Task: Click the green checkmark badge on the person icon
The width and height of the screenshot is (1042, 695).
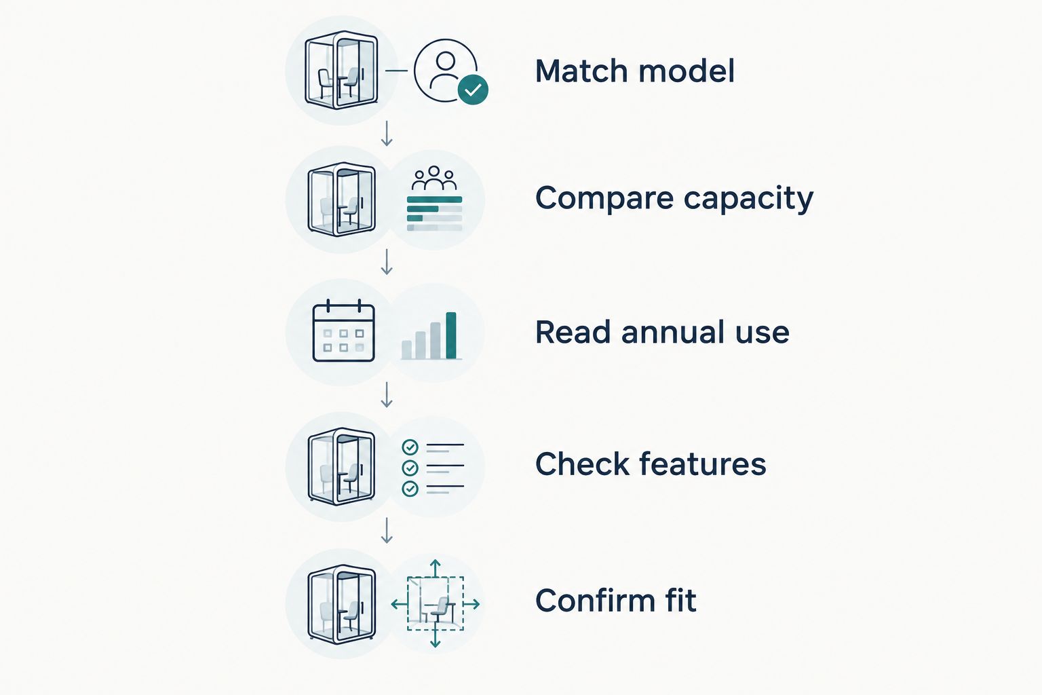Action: (x=473, y=90)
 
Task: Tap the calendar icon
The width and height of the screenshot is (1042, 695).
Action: (x=344, y=331)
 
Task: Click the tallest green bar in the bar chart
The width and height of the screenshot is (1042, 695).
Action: (x=450, y=336)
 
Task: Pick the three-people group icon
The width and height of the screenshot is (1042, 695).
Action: (x=434, y=179)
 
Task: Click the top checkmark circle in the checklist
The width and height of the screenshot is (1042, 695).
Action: (x=410, y=447)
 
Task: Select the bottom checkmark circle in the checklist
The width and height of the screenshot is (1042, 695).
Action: (x=410, y=488)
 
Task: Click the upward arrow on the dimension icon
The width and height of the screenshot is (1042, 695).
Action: (x=435, y=568)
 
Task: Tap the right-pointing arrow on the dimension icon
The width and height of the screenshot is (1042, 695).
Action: (x=471, y=604)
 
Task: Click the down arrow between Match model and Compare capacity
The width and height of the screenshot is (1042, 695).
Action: (x=387, y=134)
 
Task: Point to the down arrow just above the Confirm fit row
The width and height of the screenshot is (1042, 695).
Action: (x=387, y=531)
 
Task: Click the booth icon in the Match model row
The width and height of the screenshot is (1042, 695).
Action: (x=341, y=71)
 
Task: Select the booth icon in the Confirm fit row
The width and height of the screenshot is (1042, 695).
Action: (x=341, y=604)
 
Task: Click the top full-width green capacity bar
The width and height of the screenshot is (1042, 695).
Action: (x=434, y=200)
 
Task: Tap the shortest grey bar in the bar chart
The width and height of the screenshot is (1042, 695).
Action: (x=406, y=350)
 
